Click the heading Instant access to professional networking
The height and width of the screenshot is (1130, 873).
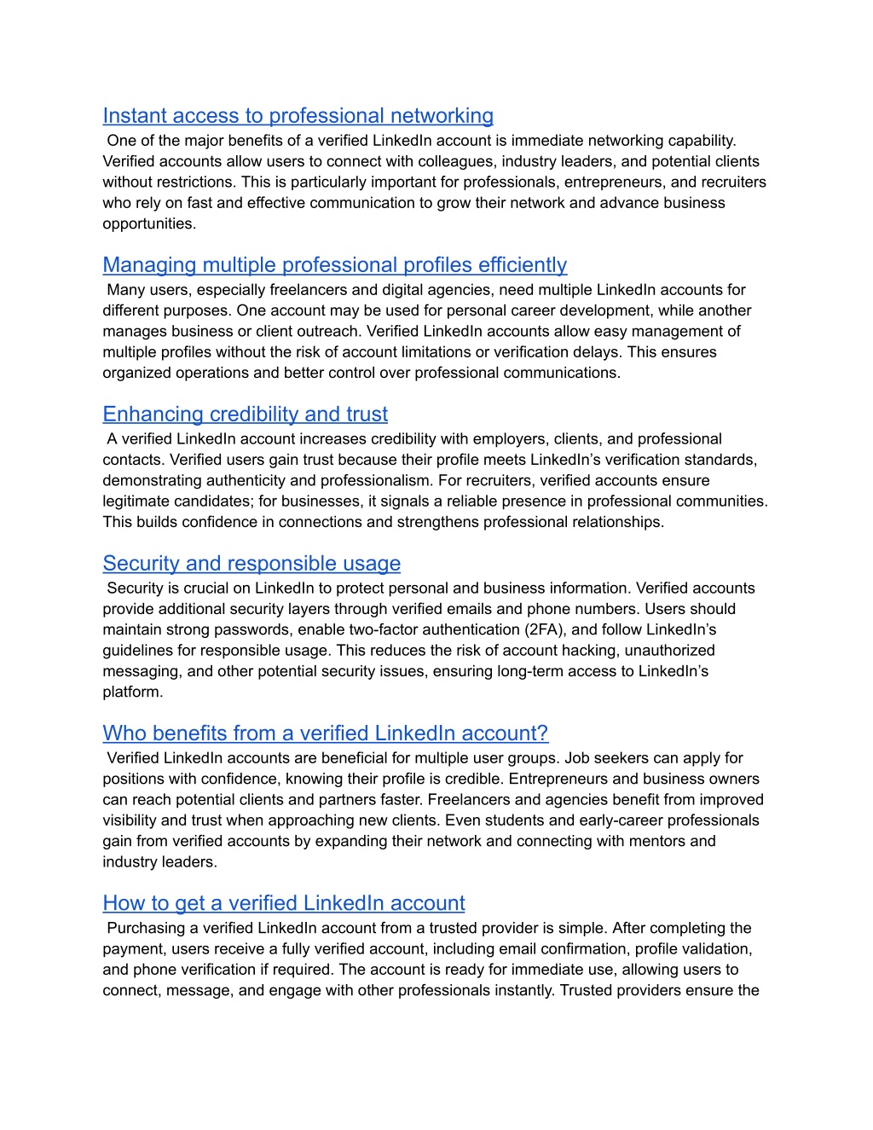point(298,116)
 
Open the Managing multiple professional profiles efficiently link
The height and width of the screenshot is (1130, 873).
point(334,265)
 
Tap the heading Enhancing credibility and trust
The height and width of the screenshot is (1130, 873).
point(245,414)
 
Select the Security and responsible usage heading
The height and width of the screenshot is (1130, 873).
point(251,564)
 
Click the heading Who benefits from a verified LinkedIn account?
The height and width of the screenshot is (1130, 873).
point(325,733)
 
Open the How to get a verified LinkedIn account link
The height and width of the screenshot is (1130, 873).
point(284,903)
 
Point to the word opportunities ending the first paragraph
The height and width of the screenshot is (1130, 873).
point(148,223)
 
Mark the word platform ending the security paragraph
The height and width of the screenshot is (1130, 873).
point(131,692)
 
